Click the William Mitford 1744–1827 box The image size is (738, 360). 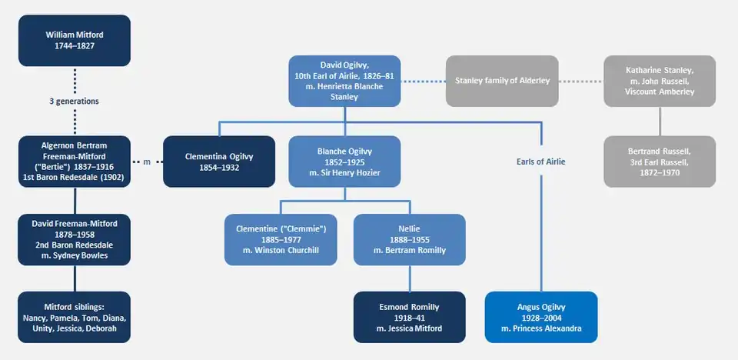pyautogui.click(x=75, y=41)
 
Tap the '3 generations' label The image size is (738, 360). pyautogui.click(x=75, y=101)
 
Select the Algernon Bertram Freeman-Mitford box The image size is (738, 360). pyautogui.click(x=75, y=162)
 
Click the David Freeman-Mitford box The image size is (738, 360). pyautogui.click(x=75, y=239)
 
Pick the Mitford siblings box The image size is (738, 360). pyautogui.click(x=75, y=317)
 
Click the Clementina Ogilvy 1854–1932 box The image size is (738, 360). pyautogui.click(x=219, y=162)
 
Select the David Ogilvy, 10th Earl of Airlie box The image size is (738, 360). pyautogui.click(x=344, y=81)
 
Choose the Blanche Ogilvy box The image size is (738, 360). pyautogui.click(x=344, y=162)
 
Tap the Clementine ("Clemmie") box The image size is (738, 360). pyautogui.click(x=281, y=239)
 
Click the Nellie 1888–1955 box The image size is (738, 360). pyautogui.click(x=409, y=239)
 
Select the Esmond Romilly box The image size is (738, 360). pyautogui.click(x=409, y=317)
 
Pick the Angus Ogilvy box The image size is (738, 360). pyautogui.click(x=541, y=317)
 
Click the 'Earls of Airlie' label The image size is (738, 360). pyautogui.click(x=541, y=162)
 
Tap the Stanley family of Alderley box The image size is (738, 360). pyautogui.click(x=502, y=81)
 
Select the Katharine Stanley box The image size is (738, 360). pyautogui.click(x=660, y=81)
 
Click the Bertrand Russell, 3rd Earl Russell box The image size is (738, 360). pyautogui.click(x=660, y=162)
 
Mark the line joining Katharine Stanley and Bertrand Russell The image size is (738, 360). pyautogui.click(x=660, y=121)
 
